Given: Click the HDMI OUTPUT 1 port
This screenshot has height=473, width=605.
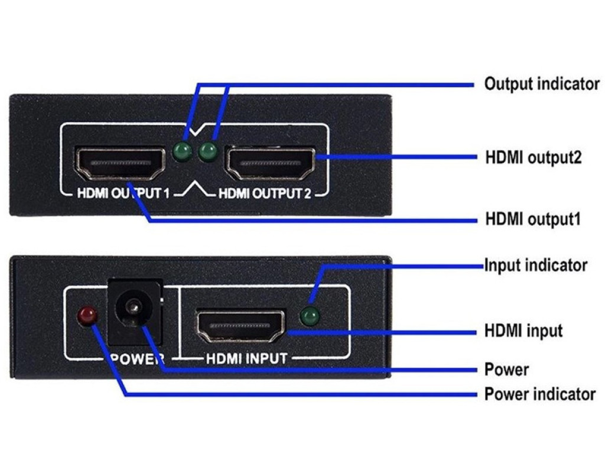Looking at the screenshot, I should [x=120, y=163].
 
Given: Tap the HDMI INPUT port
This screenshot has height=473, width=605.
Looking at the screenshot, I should [x=240, y=326].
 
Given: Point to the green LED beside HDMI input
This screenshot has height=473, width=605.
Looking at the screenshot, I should [x=309, y=317].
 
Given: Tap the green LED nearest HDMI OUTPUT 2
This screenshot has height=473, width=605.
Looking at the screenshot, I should [x=207, y=153].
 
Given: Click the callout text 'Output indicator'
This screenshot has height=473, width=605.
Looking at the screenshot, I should [x=542, y=84].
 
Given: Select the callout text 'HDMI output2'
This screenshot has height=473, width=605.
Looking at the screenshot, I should [x=533, y=158].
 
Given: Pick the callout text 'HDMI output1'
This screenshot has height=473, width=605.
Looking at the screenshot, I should [x=533, y=219].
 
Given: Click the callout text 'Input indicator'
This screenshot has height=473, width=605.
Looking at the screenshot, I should [x=536, y=265].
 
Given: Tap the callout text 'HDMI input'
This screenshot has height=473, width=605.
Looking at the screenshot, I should [x=523, y=331].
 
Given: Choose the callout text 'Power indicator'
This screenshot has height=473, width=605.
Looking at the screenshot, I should [x=540, y=394].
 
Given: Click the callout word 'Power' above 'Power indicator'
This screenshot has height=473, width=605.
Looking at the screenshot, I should [x=506, y=370].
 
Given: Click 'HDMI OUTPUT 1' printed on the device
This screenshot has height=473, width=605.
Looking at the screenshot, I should [x=123, y=193].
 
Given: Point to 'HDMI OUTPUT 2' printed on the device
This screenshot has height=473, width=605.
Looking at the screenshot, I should [x=264, y=193].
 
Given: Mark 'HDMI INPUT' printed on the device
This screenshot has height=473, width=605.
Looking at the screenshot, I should [x=246, y=358].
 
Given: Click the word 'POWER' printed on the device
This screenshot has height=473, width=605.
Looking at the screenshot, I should [x=137, y=358].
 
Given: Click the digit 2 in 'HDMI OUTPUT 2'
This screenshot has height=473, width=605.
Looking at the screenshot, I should [x=306, y=193].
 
